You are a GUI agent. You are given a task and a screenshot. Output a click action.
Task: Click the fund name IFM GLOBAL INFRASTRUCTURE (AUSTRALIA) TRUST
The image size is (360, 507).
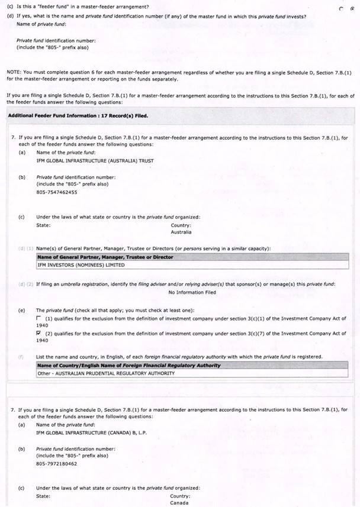click(x=86, y=160)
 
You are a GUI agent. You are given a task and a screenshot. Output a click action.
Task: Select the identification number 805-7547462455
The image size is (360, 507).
click(x=57, y=192)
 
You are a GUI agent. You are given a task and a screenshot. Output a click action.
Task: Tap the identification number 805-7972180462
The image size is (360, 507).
click(x=57, y=463)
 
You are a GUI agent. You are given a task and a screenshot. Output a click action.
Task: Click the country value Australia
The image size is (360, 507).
click(x=181, y=232)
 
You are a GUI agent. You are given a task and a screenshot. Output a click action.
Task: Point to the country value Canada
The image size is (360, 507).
click(x=179, y=503)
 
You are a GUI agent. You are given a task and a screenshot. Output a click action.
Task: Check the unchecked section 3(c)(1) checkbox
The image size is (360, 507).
click(x=39, y=319)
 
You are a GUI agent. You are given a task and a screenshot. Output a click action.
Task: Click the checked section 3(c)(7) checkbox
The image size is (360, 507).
click(x=39, y=334)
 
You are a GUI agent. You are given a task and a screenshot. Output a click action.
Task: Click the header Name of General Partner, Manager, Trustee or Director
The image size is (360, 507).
click(x=105, y=257)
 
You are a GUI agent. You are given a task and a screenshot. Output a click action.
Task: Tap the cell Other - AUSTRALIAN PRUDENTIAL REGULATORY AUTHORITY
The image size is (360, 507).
click(x=105, y=373)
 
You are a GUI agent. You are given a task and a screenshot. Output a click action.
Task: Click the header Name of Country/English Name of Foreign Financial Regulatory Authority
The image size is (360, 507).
click(x=128, y=366)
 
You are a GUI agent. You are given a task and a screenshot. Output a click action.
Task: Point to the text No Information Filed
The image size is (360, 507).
click(x=192, y=292)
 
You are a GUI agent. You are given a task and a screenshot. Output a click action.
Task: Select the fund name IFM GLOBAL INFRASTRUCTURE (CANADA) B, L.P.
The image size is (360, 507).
click(x=91, y=432)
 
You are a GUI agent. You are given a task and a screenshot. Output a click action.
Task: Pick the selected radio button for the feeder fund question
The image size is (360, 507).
click(x=351, y=9)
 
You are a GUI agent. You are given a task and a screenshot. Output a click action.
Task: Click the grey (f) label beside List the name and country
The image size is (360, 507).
click(x=21, y=357)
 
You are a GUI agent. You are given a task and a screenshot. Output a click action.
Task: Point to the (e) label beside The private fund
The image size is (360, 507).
click(x=22, y=310)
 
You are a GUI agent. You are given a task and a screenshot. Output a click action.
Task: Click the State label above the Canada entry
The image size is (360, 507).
click(x=43, y=496)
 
